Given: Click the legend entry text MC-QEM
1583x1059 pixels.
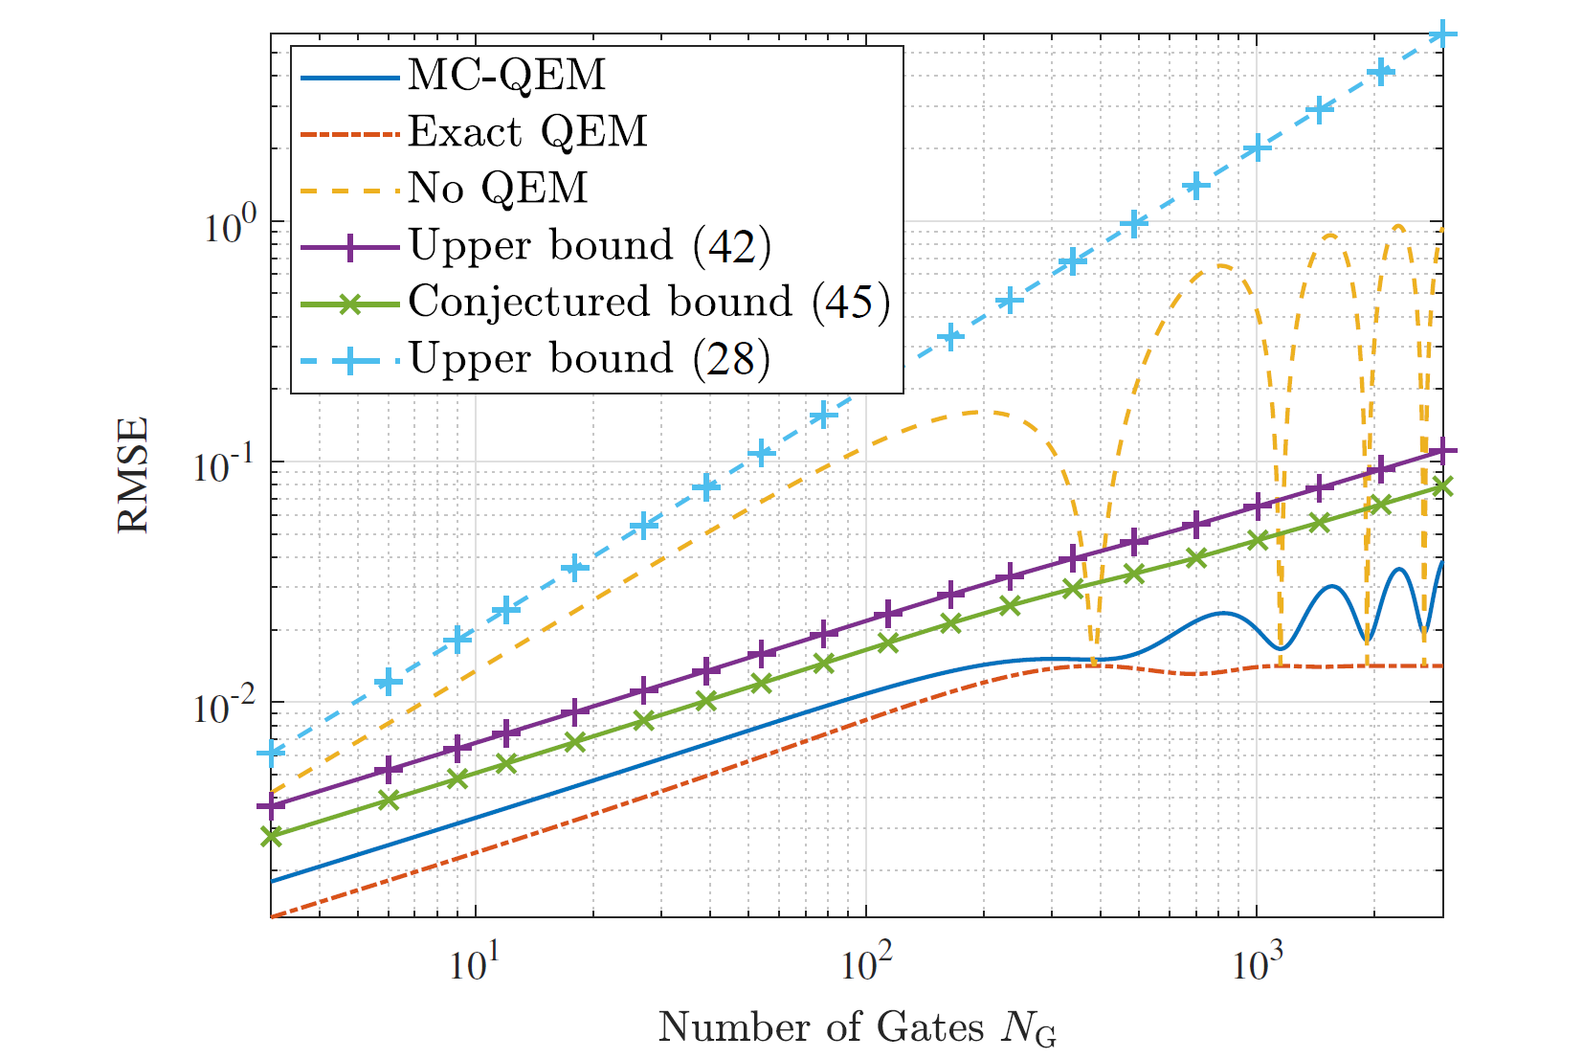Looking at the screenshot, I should coord(506,76).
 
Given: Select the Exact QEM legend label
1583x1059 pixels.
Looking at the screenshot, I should coord(527,132).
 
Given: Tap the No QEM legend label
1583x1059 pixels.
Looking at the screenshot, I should coord(498,189).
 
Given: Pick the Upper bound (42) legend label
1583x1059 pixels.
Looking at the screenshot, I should coord(590,246).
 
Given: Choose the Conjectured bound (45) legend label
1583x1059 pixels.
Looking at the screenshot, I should coord(649,303).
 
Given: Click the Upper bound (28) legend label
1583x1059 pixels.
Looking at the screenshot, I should coord(590,359).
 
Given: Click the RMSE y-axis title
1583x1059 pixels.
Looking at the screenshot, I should coord(133,475).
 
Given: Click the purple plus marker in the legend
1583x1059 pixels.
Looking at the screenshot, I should coord(350,247).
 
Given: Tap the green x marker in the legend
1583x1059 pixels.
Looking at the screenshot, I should coord(350,304).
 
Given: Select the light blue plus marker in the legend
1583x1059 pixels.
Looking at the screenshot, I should coord(350,360).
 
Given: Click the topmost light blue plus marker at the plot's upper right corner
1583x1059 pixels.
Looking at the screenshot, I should coord(1442,35).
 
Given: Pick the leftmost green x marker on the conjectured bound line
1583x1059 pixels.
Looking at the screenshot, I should coord(272,836).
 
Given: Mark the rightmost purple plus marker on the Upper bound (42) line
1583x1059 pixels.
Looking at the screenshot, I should coord(1442,451).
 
